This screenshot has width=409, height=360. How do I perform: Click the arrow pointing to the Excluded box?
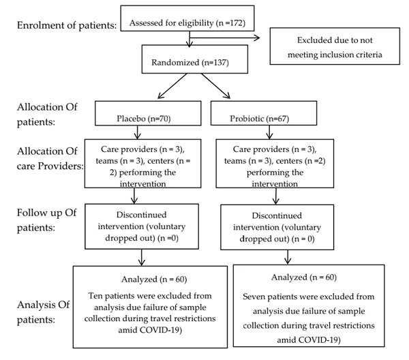tap(224, 37)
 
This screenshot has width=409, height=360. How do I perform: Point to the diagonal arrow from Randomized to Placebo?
tap(172, 86)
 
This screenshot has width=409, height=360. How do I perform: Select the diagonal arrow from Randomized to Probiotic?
tap(215, 86)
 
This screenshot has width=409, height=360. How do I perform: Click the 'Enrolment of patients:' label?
tap(67, 25)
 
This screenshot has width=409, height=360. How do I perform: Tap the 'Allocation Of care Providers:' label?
tap(50, 158)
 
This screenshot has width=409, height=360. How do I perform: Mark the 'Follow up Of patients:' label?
tap(46, 220)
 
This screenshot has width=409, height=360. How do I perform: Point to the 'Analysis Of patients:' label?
tap(44, 312)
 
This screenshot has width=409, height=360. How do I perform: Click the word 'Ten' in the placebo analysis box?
tap(95, 296)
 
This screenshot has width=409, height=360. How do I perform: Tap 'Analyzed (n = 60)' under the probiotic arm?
tap(304, 277)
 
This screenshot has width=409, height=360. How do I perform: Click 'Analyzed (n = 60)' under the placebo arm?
tap(154, 279)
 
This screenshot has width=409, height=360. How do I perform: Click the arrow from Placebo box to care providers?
tap(138, 132)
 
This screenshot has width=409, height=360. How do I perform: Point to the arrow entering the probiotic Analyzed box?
tap(288, 257)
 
